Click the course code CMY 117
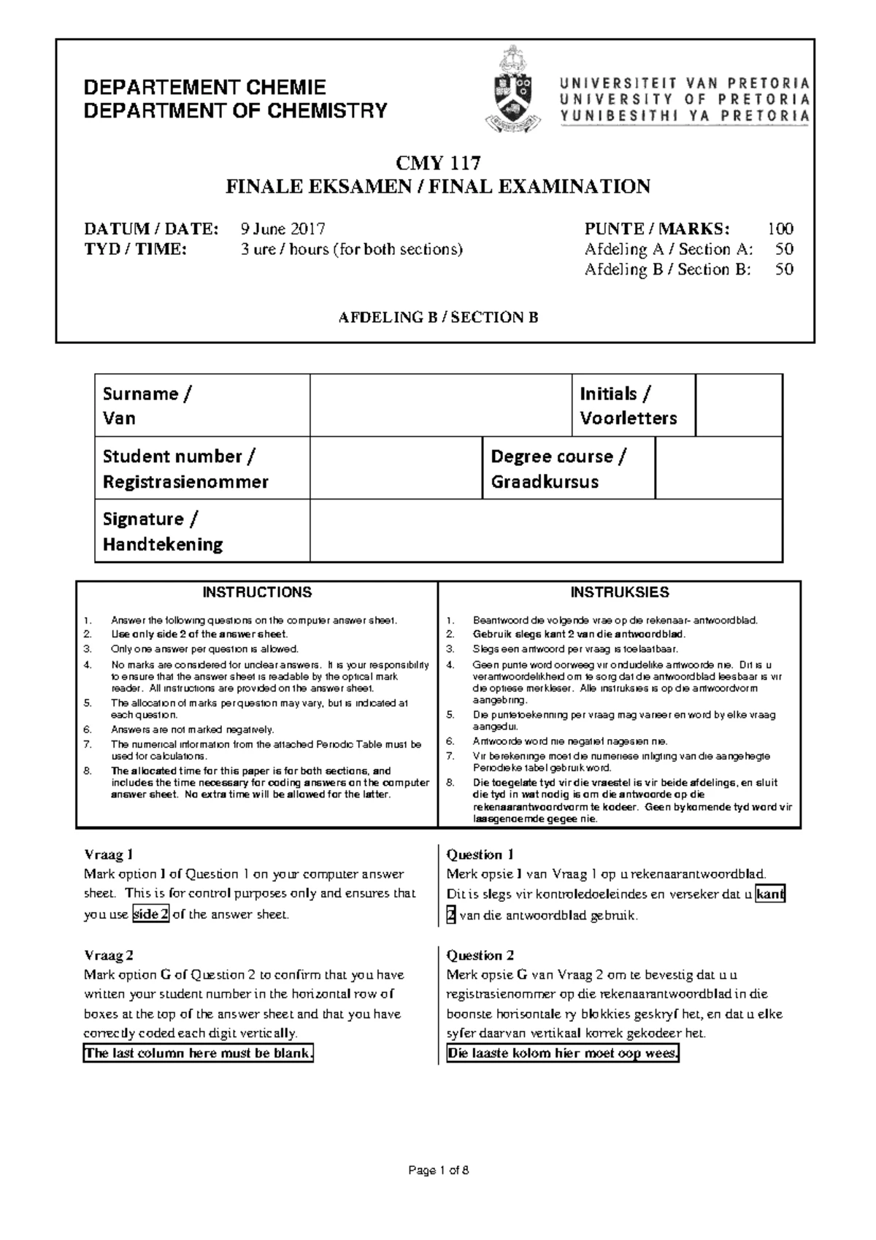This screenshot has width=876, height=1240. tap(438, 163)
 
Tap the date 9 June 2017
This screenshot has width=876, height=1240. tap(283, 229)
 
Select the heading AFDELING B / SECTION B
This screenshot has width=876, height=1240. tap(438, 317)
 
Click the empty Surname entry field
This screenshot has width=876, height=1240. tap(441, 405)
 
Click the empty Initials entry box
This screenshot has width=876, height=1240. tap(739, 405)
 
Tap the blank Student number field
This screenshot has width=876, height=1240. tap(396, 468)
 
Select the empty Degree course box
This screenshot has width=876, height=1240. tap(718, 468)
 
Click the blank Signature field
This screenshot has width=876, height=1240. tap(546, 531)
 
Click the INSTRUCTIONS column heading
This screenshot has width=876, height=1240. tap(257, 592)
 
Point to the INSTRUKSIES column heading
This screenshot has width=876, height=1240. tap(620, 592)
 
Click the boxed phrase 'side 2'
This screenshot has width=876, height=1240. tap(150, 914)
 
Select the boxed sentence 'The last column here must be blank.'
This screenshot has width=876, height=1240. tap(199, 1053)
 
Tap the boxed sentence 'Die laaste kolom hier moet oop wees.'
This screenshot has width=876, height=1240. tap(562, 1053)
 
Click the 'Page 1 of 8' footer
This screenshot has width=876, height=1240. tap(438, 1171)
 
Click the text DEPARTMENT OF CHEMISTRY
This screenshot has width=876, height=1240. tap(235, 111)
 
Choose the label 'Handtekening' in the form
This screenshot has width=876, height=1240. tap(163, 544)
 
